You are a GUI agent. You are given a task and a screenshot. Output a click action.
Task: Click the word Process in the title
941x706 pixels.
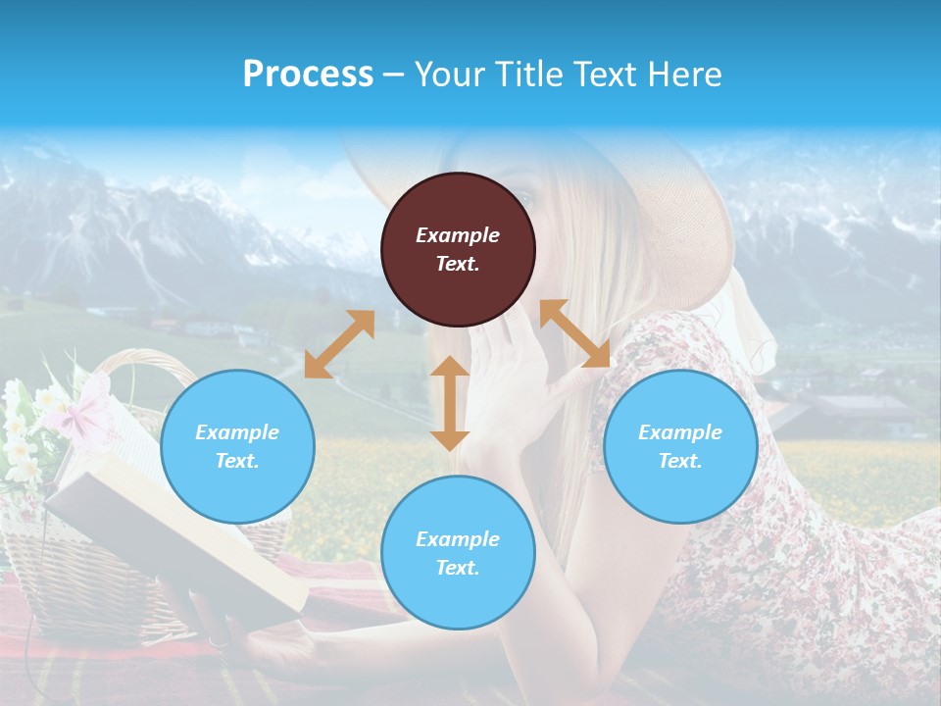click(308, 75)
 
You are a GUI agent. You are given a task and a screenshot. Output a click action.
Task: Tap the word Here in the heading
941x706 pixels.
click(682, 75)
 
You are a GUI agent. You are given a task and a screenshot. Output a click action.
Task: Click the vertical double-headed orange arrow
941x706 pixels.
click(450, 403)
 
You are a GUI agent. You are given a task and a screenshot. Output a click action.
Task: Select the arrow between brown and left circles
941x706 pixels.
click(339, 344)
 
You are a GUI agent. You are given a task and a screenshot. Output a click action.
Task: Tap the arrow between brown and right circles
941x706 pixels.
click(574, 334)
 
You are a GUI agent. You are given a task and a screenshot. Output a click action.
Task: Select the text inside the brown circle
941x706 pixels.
click(458, 249)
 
